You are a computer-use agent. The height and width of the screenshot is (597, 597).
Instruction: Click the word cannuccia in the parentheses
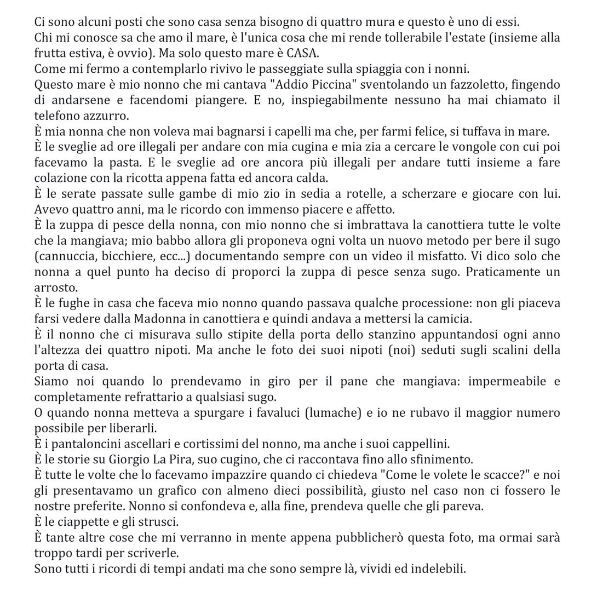click(x=62, y=256)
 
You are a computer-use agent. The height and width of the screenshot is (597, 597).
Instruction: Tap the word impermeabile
click(x=507, y=381)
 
